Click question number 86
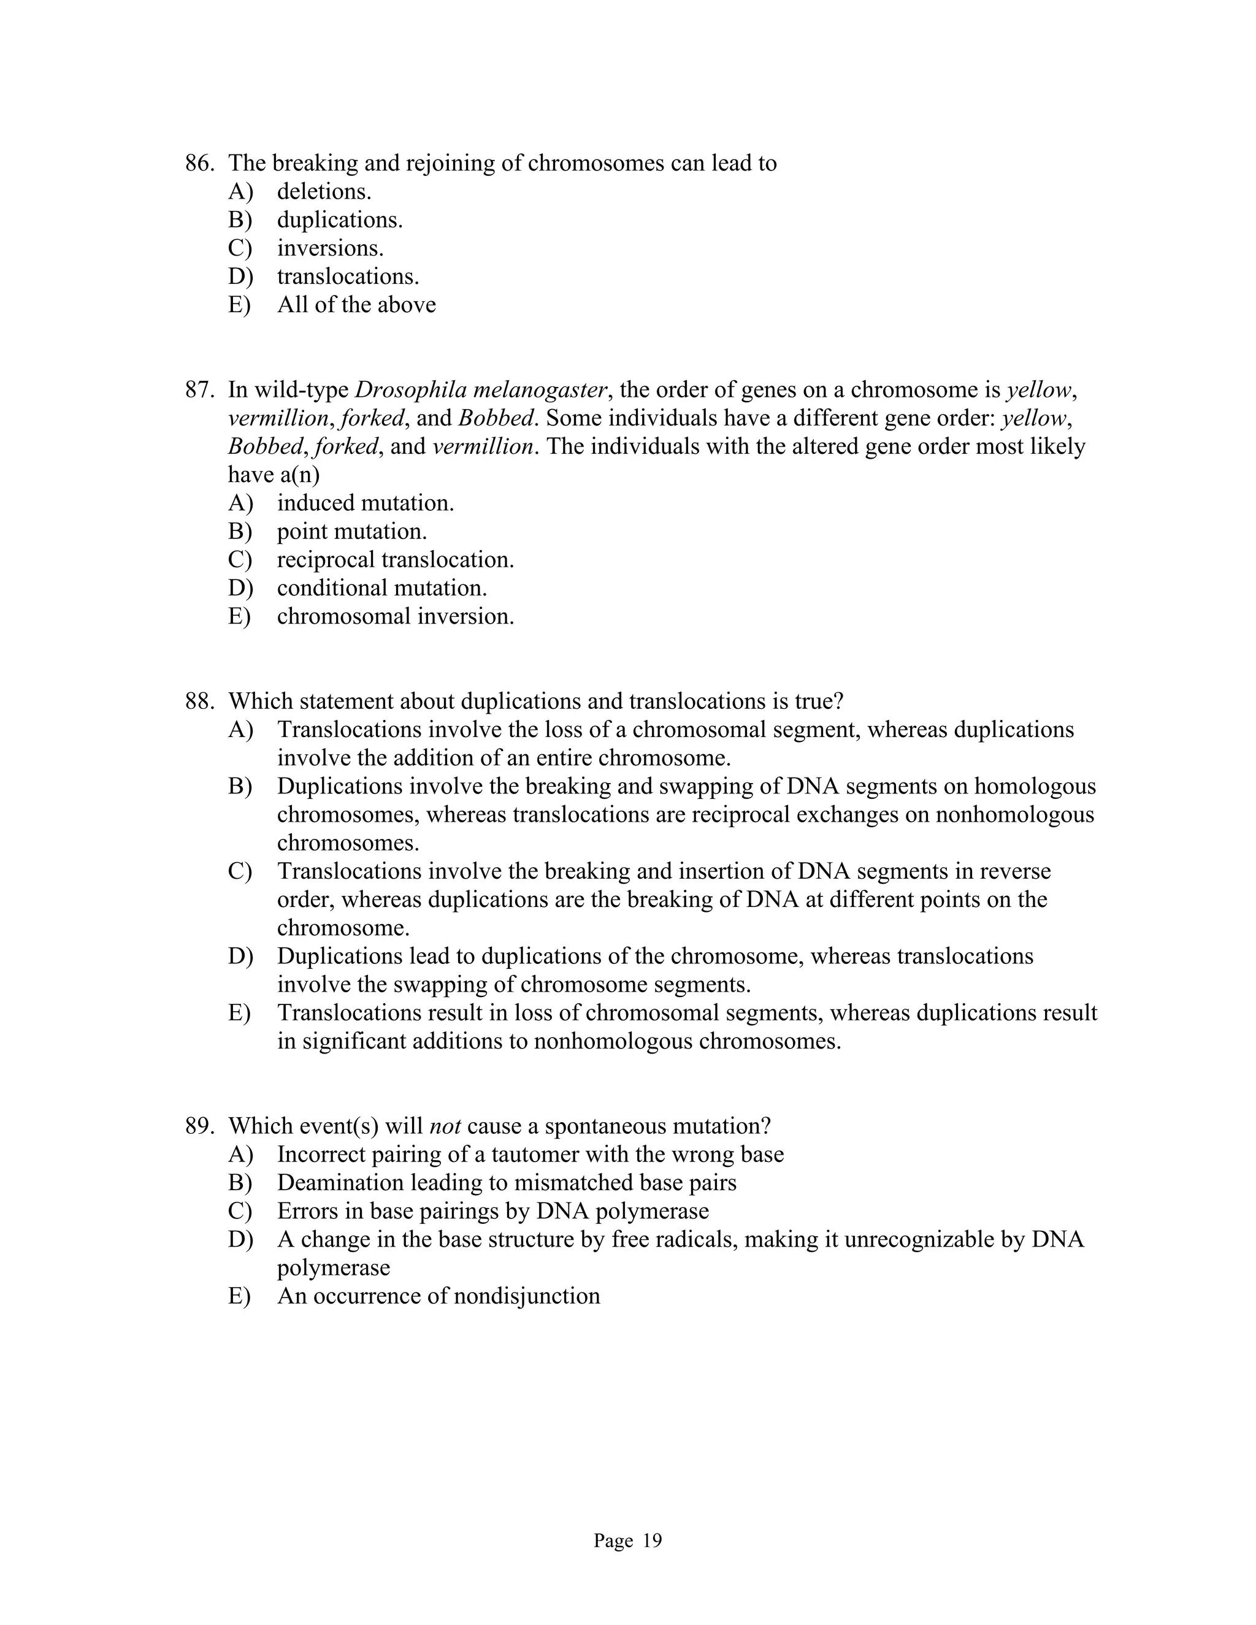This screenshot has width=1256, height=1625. tap(199, 163)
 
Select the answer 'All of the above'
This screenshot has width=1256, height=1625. tap(356, 305)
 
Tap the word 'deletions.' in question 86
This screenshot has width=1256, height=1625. tap(324, 192)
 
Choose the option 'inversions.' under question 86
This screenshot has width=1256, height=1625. tap(331, 248)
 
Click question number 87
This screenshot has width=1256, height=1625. tap(199, 390)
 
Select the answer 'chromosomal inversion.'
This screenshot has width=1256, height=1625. tap(395, 617)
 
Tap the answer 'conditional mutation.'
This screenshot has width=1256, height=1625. tap(381, 589)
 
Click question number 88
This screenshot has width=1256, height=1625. tap(199, 702)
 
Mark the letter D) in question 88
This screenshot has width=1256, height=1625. tap(240, 957)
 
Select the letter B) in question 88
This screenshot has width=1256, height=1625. tap(240, 787)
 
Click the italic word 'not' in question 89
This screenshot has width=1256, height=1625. tap(445, 1126)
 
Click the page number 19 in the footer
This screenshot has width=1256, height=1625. tap(651, 1541)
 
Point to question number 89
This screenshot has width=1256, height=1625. tap(199, 1126)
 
